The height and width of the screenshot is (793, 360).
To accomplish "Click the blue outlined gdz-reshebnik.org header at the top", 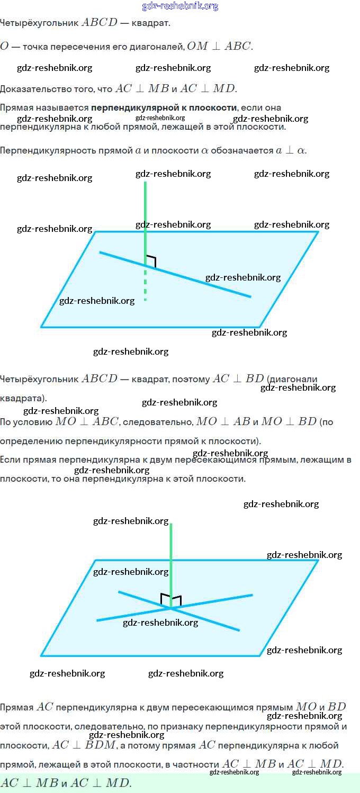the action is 180,6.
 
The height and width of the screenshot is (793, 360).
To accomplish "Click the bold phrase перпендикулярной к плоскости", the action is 164,107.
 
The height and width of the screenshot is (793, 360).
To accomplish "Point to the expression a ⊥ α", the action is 290,150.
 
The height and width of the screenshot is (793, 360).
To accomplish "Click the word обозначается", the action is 242,150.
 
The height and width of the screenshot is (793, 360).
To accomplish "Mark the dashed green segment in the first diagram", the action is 145,283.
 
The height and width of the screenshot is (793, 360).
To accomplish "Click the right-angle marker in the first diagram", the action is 151,261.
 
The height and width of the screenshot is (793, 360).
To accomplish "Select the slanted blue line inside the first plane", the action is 175,274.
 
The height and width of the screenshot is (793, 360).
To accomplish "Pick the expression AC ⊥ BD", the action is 238,379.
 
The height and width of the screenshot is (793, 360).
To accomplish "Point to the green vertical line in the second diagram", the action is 171,566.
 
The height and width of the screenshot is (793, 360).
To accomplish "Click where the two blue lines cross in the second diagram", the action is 172,608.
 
